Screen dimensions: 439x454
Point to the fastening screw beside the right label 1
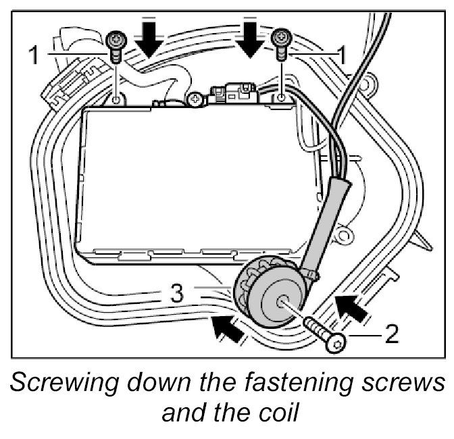click(280, 45)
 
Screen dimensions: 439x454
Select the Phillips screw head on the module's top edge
click(195, 99)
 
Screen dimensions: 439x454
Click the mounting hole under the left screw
click(117, 100)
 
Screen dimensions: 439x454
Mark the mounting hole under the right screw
click(282, 99)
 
